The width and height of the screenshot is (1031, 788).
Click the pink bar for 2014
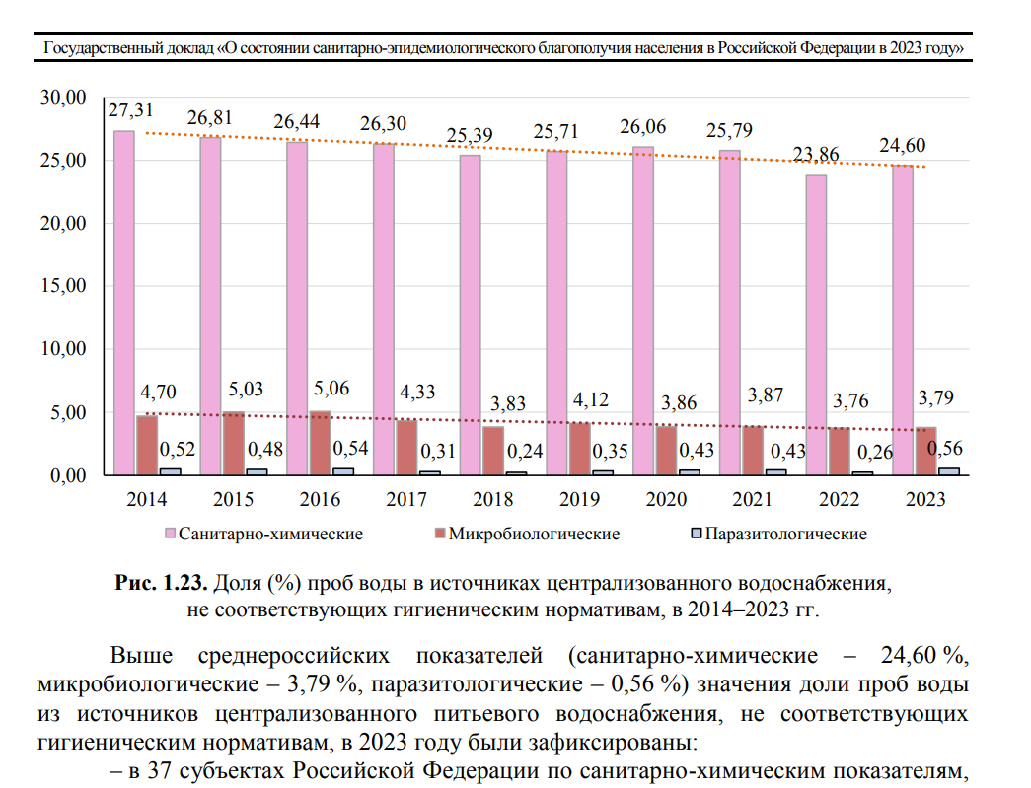124,303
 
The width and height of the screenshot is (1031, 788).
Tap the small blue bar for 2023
949,471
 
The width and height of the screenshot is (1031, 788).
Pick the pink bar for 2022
816,324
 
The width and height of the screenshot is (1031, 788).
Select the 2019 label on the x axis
578,500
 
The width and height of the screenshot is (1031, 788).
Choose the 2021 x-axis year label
752,500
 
